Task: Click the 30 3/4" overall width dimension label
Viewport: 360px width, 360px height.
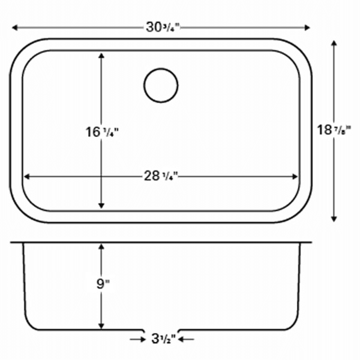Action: [163, 28]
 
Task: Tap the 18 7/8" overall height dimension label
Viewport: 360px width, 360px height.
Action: [334, 130]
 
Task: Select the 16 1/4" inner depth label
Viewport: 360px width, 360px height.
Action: [102, 132]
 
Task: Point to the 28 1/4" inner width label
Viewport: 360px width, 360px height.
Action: [161, 176]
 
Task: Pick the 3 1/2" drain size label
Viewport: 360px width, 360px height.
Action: [163, 339]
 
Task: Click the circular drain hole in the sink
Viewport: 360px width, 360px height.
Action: [161, 85]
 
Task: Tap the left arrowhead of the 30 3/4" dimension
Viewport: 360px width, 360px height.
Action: [15, 28]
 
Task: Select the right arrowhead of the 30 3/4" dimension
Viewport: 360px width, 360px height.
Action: [307, 28]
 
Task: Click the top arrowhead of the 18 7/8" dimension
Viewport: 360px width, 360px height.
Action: [334, 44]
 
